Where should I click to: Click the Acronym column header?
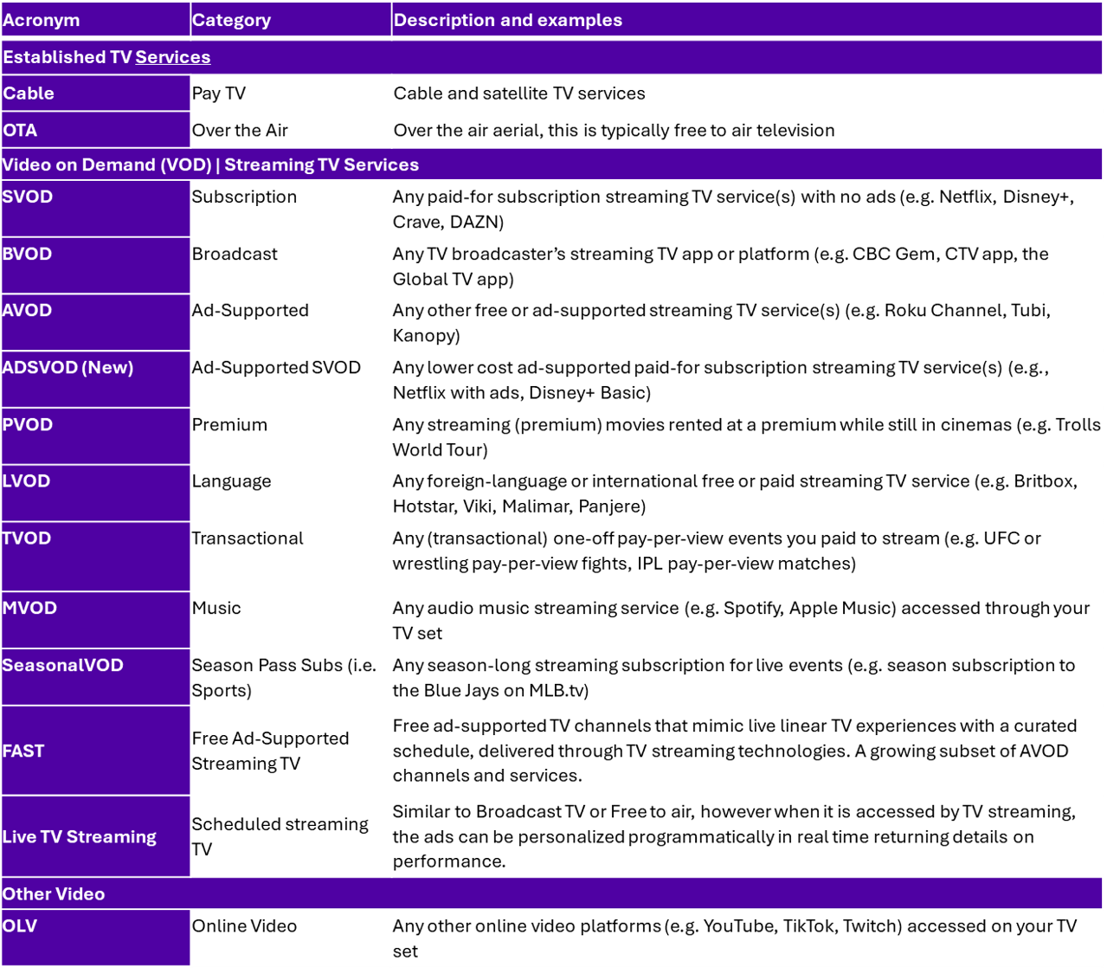(42, 20)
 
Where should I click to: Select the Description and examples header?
(507, 20)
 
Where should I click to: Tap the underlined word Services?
(172, 57)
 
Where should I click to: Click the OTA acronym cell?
(20, 131)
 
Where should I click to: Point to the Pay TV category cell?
(218, 94)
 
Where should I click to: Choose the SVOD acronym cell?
(28, 197)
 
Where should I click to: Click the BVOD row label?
(28, 254)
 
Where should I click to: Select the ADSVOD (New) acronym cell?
(68, 367)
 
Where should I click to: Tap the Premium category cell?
(229, 425)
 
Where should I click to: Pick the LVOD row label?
(27, 481)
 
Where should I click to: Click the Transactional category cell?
(248, 539)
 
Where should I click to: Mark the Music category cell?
(216, 608)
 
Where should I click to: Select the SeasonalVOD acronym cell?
(63, 665)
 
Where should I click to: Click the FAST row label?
(23, 751)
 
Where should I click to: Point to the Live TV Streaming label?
(80, 836)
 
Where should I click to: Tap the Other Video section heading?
(54, 893)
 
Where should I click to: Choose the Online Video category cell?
(244, 926)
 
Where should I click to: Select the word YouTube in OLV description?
(740, 926)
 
